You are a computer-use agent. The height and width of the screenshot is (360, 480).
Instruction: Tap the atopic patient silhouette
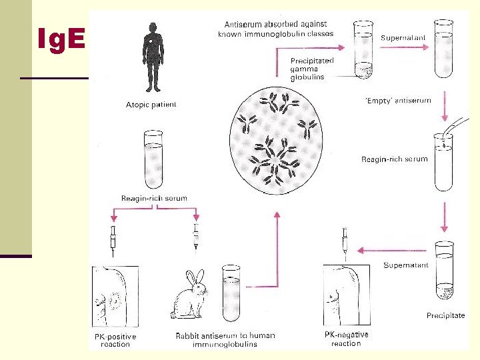pos(153,56)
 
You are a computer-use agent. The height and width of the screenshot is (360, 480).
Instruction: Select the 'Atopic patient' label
pos(151,105)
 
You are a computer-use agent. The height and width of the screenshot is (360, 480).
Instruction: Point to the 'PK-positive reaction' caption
pos(115,340)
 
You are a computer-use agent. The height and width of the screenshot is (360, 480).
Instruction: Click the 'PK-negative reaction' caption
pos(346,339)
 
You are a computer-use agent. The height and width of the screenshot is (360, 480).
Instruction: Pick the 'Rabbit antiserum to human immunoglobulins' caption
pos(225,340)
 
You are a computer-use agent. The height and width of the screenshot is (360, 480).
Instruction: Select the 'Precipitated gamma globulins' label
pos(312,69)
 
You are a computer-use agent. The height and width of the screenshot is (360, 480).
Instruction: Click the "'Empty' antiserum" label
pos(398,101)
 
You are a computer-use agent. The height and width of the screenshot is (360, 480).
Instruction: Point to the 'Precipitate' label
pos(445,315)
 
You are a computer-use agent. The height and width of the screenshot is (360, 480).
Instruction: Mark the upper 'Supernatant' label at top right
pos(403,38)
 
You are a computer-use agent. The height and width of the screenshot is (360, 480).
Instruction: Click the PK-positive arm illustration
pos(115,297)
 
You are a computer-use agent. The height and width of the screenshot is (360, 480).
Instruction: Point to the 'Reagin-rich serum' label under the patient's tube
pos(154,198)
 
